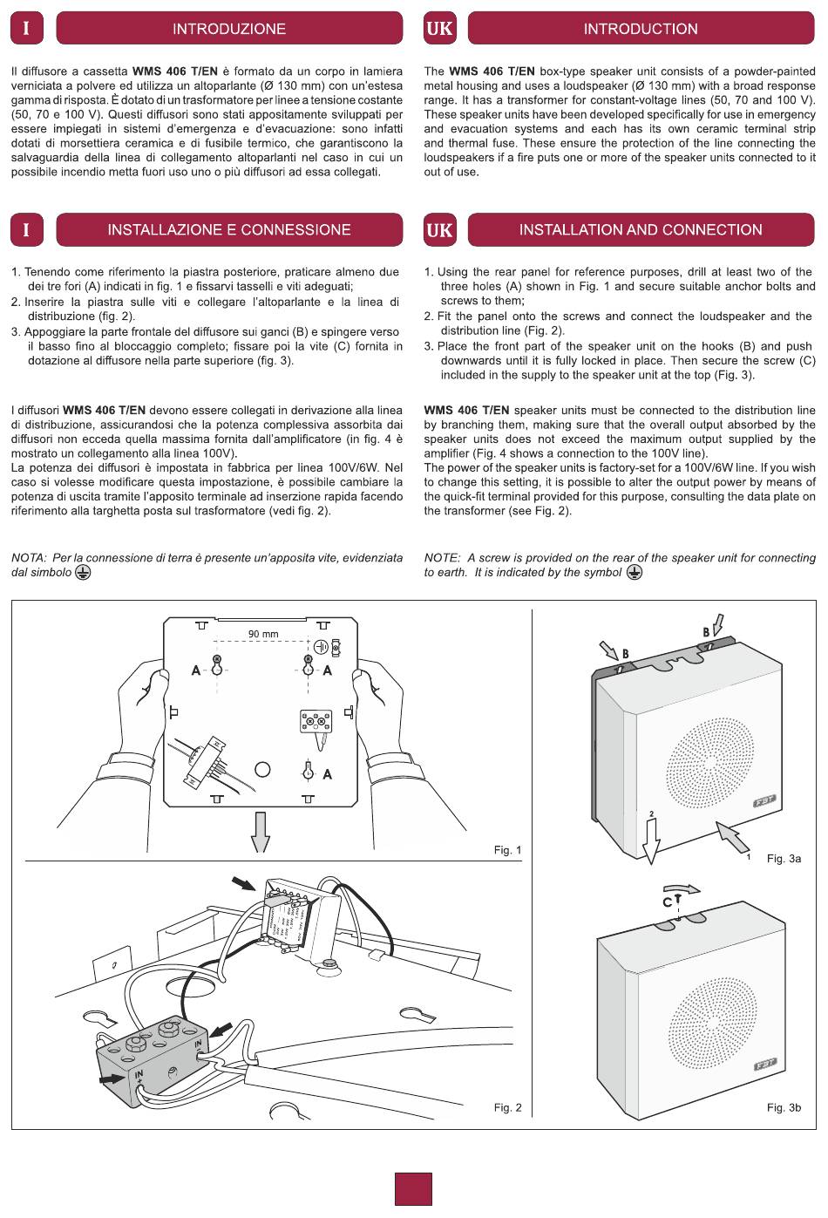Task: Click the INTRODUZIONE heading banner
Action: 229,29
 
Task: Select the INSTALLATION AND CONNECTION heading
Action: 641,230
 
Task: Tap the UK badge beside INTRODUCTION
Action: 440,29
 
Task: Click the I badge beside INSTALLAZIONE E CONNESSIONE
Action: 26,230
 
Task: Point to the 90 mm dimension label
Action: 263,634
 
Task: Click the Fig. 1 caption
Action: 507,850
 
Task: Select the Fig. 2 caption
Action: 507,1107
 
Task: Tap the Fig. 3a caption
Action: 784,859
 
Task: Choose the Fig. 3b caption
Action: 784,1107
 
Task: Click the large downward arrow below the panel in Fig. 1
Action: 261,832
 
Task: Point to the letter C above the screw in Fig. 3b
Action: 667,902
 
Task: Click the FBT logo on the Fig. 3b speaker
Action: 764,1064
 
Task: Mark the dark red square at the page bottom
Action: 413,1188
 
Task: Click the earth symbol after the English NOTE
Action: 635,573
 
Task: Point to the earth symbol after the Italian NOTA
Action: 83,573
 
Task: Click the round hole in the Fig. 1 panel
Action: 262,769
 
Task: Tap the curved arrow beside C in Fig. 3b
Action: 687,890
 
